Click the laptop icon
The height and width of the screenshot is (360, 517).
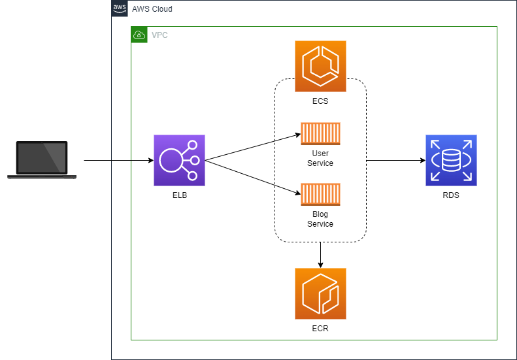click(42, 159)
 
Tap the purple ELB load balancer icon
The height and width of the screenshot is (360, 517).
click(179, 160)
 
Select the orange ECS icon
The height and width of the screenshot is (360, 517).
click(320, 67)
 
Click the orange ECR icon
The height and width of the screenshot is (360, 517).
click(320, 293)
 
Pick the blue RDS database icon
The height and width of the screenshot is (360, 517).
click(451, 160)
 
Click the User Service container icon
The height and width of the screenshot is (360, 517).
click(320, 133)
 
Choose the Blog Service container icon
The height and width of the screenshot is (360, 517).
click(320, 194)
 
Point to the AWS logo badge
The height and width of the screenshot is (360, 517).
click(120, 8)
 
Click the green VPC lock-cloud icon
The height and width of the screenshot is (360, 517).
click(139, 35)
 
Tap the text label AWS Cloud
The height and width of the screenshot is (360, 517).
click(152, 9)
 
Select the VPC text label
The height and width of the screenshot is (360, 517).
click(159, 35)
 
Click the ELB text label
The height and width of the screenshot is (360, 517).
click(179, 195)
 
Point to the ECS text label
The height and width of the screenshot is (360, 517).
click(320, 101)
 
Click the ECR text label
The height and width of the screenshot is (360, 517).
click(320, 328)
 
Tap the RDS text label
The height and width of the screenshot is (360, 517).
click(451, 195)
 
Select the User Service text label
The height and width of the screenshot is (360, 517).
click(320, 158)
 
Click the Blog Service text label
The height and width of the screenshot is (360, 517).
click(320, 219)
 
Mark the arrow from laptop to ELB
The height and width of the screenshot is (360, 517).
click(118, 160)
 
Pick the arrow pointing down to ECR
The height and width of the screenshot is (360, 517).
click(320, 255)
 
